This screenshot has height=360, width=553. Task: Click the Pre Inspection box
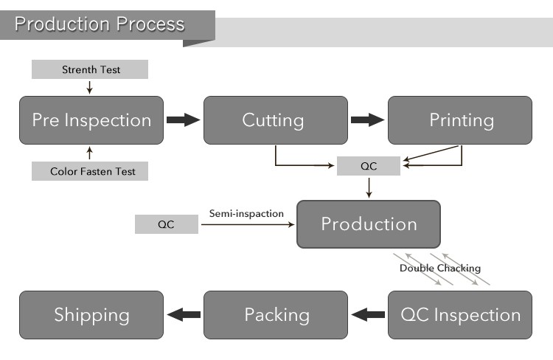(x=91, y=120)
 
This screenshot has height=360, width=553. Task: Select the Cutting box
(x=275, y=120)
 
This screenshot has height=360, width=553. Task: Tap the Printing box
(x=459, y=120)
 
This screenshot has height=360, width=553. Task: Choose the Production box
(x=368, y=224)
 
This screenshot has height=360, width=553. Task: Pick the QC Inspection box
(x=459, y=315)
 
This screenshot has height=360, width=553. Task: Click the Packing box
(x=275, y=315)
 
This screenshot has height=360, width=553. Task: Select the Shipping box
(x=91, y=315)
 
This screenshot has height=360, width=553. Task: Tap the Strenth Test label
(x=90, y=69)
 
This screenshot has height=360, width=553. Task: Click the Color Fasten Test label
(x=90, y=171)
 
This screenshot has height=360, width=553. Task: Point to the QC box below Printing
(x=368, y=166)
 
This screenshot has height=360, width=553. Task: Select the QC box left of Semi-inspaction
(x=166, y=224)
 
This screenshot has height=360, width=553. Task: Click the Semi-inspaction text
(x=246, y=213)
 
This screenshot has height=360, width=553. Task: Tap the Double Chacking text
(x=439, y=268)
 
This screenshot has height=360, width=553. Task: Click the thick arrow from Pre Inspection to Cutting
(x=183, y=120)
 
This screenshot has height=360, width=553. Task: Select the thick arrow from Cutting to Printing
(x=367, y=120)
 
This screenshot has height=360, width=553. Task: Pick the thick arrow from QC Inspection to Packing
(x=367, y=315)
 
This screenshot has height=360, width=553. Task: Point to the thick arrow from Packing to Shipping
(x=183, y=315)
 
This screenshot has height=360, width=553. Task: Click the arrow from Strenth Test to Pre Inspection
(x=90, y=87)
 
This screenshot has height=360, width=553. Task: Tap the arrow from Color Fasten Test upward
(x=90, y=153)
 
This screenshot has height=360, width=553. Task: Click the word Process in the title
(x=150, y=24)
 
